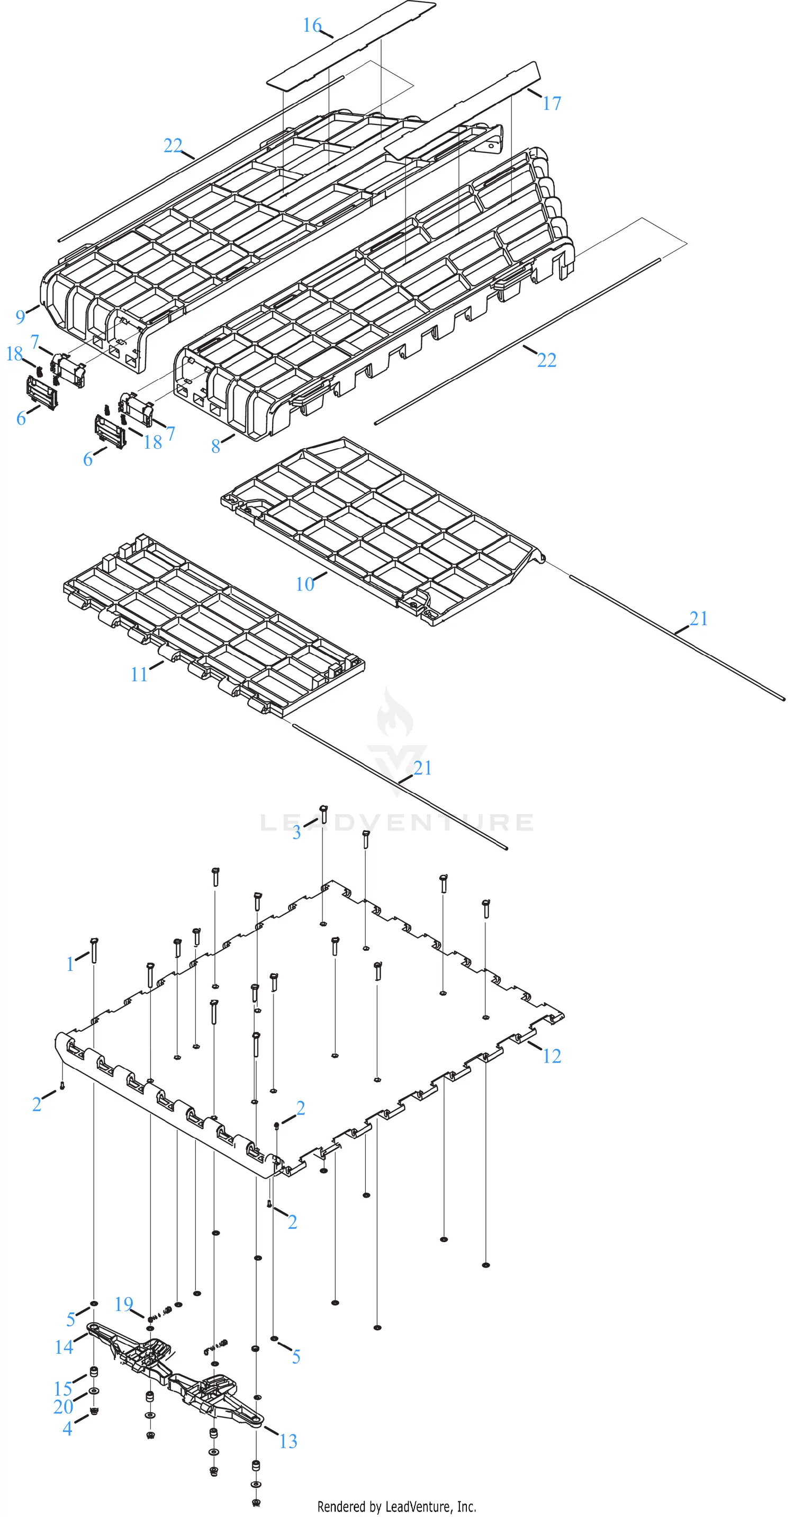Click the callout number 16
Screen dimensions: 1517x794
(x=312, y=25)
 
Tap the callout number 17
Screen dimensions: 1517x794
(x=552, y=104)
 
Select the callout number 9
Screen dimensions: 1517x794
(x=21, y=317)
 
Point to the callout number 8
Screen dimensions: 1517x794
(x=216, y=447)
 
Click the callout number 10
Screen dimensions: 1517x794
(x=305, y=584)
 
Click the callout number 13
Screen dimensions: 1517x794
(x=288, y=1441)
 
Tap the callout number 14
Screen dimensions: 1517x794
(x=64, y=1347)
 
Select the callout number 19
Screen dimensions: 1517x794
(x=124, y=1304)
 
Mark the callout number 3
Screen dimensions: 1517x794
(x=296, y=833)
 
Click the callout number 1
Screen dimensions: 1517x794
(x=70, y=964)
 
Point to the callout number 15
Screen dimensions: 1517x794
(x=63, y=1389)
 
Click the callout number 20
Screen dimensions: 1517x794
(x=63, y=1407)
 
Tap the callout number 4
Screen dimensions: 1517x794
(x=68, y=1429)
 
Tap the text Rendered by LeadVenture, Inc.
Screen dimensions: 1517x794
(x=396, y=1506)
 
